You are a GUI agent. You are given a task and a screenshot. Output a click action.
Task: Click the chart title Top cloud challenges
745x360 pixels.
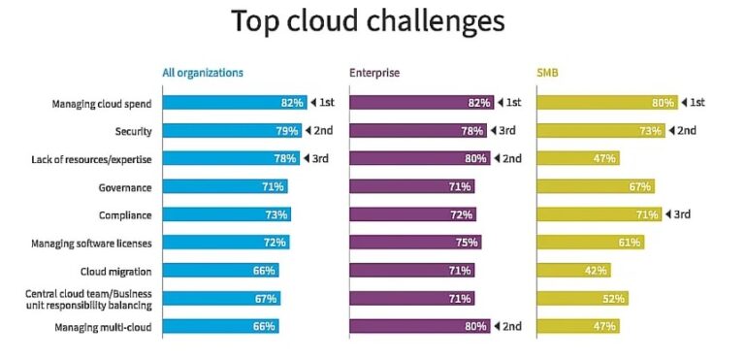click(x=368, y=22)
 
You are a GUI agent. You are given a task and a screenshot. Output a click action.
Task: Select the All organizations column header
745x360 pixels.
click(x=203, y=73)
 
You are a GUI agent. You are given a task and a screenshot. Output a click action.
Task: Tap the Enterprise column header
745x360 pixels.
click(x=373, y=73)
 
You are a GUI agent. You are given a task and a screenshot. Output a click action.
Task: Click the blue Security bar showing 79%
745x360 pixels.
click(x=232, y=130)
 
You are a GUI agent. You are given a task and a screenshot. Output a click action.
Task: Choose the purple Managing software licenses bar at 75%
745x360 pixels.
click(x=415, y=243)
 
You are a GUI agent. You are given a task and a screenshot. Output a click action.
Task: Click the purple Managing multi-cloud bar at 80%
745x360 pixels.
click(x=419, y=327)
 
